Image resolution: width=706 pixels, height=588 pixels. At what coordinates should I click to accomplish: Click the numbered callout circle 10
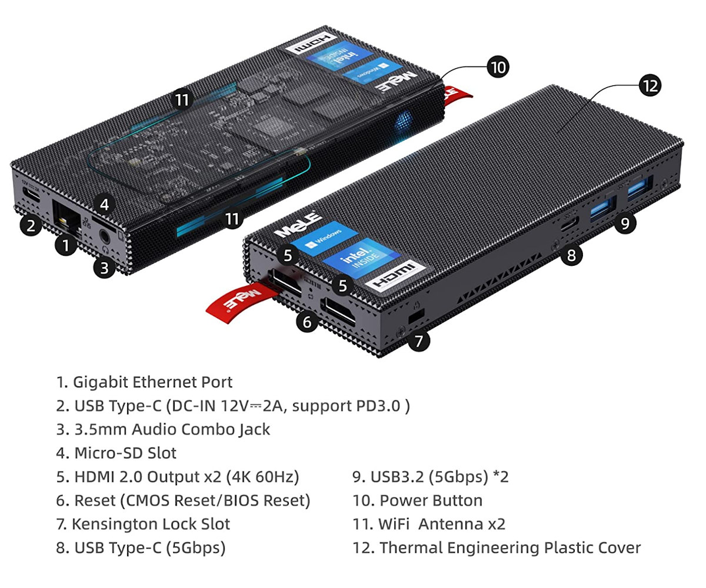[x=498, y=66]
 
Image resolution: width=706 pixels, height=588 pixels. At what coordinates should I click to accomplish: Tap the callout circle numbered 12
[x=650, y=85]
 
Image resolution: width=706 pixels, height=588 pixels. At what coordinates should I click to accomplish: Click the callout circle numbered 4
[x=104, y=204]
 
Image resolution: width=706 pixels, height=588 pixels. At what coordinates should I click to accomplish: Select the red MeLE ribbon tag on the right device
[x=235, y=298]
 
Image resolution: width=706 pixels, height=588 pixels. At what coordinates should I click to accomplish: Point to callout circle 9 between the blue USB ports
[x=625, y=222]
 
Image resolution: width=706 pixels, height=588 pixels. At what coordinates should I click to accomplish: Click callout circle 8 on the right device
[x=571, y=255]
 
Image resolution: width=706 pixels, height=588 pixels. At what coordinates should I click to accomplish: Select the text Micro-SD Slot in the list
[x=125, y=453]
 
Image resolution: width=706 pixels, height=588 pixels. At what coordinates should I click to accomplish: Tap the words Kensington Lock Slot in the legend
[x=151, y=524]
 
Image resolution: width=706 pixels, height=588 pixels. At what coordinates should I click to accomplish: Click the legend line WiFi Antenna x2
[x=442, y=524]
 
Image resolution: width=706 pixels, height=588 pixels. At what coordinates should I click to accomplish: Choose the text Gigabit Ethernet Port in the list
[x=152, y=382]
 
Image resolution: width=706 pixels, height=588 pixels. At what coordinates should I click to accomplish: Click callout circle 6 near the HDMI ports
[x=307, y=322]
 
